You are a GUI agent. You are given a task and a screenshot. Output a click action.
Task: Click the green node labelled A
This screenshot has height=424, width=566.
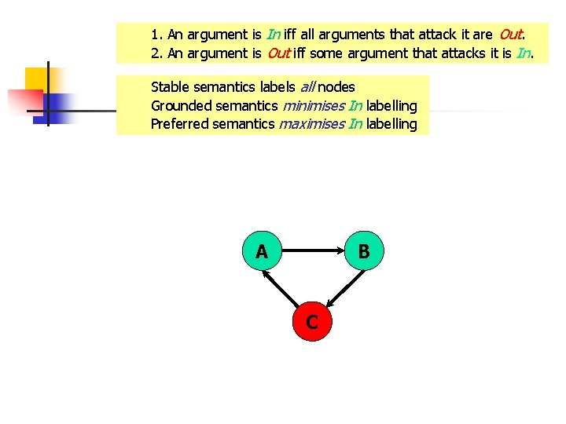(262, 251)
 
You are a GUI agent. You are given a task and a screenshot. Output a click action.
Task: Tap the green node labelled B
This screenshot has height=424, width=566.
(363, 251)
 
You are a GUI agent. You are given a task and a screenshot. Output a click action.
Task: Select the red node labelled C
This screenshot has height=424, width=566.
(312, 321)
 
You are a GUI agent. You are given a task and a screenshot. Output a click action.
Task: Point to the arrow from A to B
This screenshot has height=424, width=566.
(314, 251)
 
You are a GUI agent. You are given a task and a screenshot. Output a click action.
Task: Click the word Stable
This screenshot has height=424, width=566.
(168, 87)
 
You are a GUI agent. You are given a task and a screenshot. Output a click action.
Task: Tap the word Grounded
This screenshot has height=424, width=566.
(180, 105)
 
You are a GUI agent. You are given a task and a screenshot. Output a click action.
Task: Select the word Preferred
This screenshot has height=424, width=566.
(179, 124)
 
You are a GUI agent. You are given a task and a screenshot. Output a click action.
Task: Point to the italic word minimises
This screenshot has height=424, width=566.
(313, 105)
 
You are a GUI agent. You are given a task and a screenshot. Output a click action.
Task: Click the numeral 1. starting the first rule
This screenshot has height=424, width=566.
(156, 35)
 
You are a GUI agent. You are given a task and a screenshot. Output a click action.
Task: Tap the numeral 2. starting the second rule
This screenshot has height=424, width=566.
(156, 53)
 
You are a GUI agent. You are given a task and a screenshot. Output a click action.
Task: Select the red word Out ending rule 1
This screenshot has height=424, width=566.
(510, 35)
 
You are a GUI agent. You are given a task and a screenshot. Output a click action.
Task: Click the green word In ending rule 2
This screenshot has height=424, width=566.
(524, 53)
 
